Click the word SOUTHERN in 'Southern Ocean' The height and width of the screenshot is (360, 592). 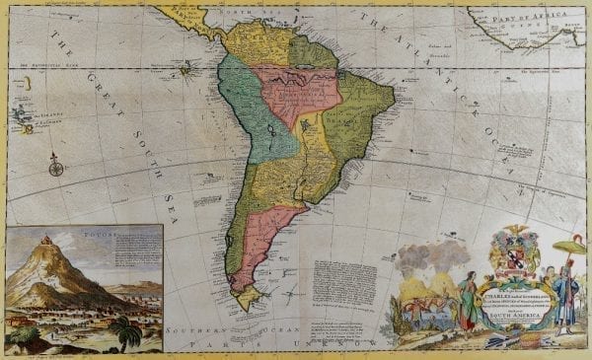tap(214, 333)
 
